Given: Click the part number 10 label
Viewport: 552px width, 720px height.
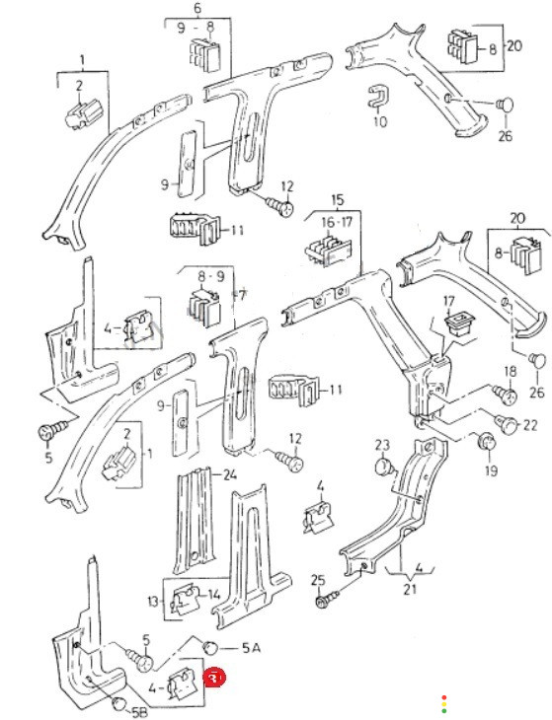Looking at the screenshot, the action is (380, 121).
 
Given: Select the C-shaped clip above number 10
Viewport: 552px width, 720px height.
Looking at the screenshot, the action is (378, 96).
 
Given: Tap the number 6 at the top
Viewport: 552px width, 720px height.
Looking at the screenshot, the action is (197, 8).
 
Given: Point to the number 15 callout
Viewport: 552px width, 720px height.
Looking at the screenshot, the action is (338, 200).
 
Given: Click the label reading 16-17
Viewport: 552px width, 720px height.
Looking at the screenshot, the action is (337, 223).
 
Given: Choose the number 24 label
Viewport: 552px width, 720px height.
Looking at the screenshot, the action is (230, 474).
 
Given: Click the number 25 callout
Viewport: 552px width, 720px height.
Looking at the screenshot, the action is (318, 580).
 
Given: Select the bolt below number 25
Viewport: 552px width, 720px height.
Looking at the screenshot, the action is (327, 599).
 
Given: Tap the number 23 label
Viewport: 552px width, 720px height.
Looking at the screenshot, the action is (382, 445).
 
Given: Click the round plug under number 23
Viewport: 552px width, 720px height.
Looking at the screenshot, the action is (385, 467).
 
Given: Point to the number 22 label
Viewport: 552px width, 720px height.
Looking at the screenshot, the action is (529, 425).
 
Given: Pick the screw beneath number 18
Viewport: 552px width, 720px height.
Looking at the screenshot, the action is (506, 395).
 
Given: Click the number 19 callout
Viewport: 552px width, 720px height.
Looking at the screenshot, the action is (491, 469).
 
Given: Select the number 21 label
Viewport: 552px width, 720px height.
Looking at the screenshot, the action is (409, 589).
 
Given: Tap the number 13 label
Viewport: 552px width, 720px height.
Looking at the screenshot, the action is (153, 601).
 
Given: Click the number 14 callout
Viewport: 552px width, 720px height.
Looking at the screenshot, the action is (214, 595).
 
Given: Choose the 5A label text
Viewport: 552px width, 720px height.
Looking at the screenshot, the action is (251, 647).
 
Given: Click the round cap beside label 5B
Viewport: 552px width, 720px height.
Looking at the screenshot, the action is (120, 703).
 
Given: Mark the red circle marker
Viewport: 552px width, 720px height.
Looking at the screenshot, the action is (214, 678).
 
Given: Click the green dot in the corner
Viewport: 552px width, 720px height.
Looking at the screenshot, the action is (444, 711).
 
